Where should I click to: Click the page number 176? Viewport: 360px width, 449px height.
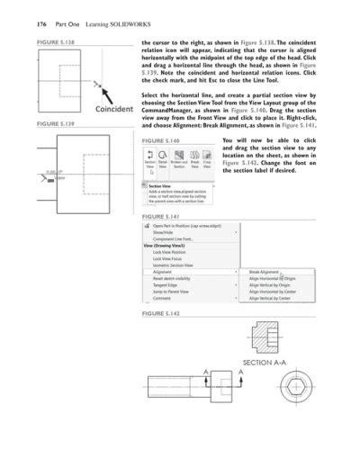coord(15,13)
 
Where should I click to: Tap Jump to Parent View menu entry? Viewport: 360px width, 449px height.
coord(171,292)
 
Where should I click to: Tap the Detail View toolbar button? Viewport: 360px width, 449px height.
coord(163,164)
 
